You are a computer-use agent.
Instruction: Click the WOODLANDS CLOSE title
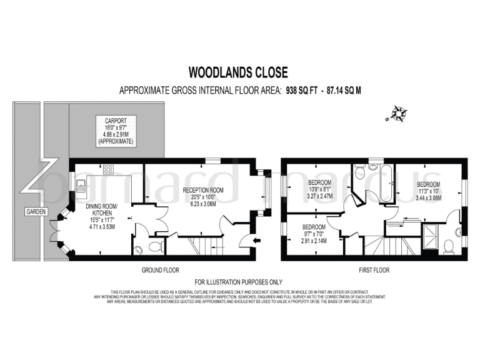239,72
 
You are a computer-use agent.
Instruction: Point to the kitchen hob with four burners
107,169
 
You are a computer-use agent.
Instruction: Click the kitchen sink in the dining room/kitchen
81,184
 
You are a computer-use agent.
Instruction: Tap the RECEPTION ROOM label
204,189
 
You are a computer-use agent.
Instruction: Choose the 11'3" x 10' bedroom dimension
429,191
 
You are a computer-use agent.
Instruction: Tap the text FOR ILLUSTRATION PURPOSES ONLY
238,282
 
